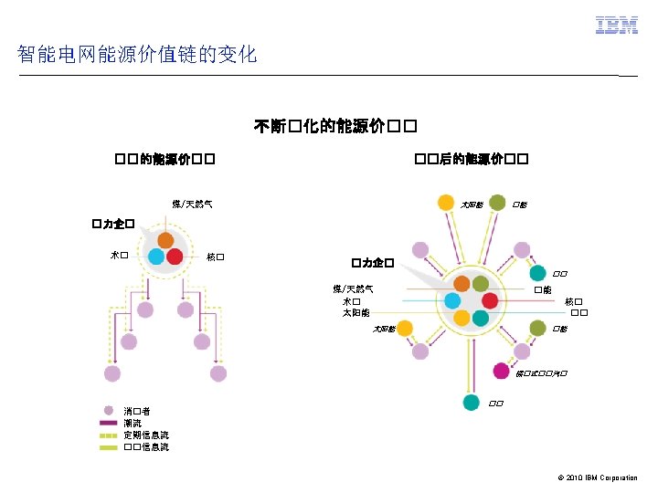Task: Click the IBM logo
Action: tap(617, 26)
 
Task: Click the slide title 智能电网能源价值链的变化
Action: tap(137, 55)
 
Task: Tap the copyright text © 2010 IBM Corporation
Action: tap(595, 477)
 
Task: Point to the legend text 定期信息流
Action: tap(146, 435)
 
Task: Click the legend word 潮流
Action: tap(133, 424)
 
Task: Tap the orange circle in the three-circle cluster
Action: tap(165, 240)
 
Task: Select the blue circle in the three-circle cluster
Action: tap(157, 257)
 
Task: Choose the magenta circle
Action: tap(501, 372)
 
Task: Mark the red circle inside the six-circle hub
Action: tap(490, 300)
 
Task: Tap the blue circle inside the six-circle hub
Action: tap(453, 300)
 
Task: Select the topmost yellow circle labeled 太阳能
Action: tap(445, 203)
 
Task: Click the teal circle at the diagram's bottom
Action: tap(471, 402)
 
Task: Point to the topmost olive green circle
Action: tap(498, 203)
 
